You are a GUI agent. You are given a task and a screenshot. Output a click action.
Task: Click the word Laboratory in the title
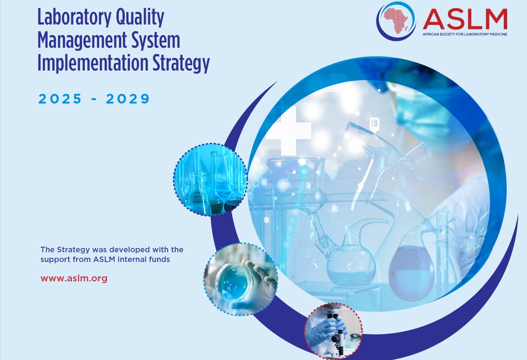point(74,18)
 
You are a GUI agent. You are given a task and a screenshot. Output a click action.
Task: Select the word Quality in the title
point(140,18)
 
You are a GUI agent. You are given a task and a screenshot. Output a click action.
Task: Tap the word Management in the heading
point(82,41)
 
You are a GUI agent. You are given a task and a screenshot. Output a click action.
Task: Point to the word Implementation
point(93,63)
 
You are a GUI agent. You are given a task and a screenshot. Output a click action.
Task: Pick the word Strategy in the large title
point(181,63)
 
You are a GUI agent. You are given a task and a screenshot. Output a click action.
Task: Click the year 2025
point(60,98)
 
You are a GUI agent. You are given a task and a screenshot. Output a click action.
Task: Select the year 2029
point(128,98)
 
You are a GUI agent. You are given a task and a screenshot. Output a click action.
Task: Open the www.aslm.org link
point(74,278)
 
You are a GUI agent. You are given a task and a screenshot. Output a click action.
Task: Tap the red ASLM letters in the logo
point(465,19)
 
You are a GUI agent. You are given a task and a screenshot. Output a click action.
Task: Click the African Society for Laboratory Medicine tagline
point(465,34)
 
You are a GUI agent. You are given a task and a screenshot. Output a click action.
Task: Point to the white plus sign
point(288,131)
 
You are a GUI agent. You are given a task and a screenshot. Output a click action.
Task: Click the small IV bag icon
point(374,124)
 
